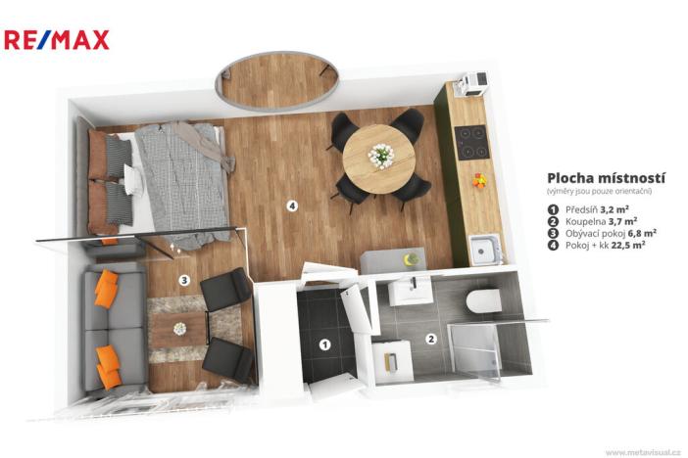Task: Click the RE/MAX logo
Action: (57, 39)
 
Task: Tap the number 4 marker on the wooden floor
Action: (291, 206)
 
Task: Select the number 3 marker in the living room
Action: (183, 281)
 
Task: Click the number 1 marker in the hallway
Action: (324, 343)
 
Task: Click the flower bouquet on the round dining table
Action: (381, 156)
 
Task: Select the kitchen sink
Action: (484, 249)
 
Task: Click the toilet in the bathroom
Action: (483, 299)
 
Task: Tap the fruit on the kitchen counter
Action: (478, 180)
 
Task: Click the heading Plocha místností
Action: (606, 178)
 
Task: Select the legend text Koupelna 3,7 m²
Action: (601, 221)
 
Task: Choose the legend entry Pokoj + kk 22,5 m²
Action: (602, 245)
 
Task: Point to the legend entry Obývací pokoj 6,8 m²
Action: (608, 233)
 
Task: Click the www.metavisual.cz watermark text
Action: (642, 452)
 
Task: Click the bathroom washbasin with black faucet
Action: (410, 291)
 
